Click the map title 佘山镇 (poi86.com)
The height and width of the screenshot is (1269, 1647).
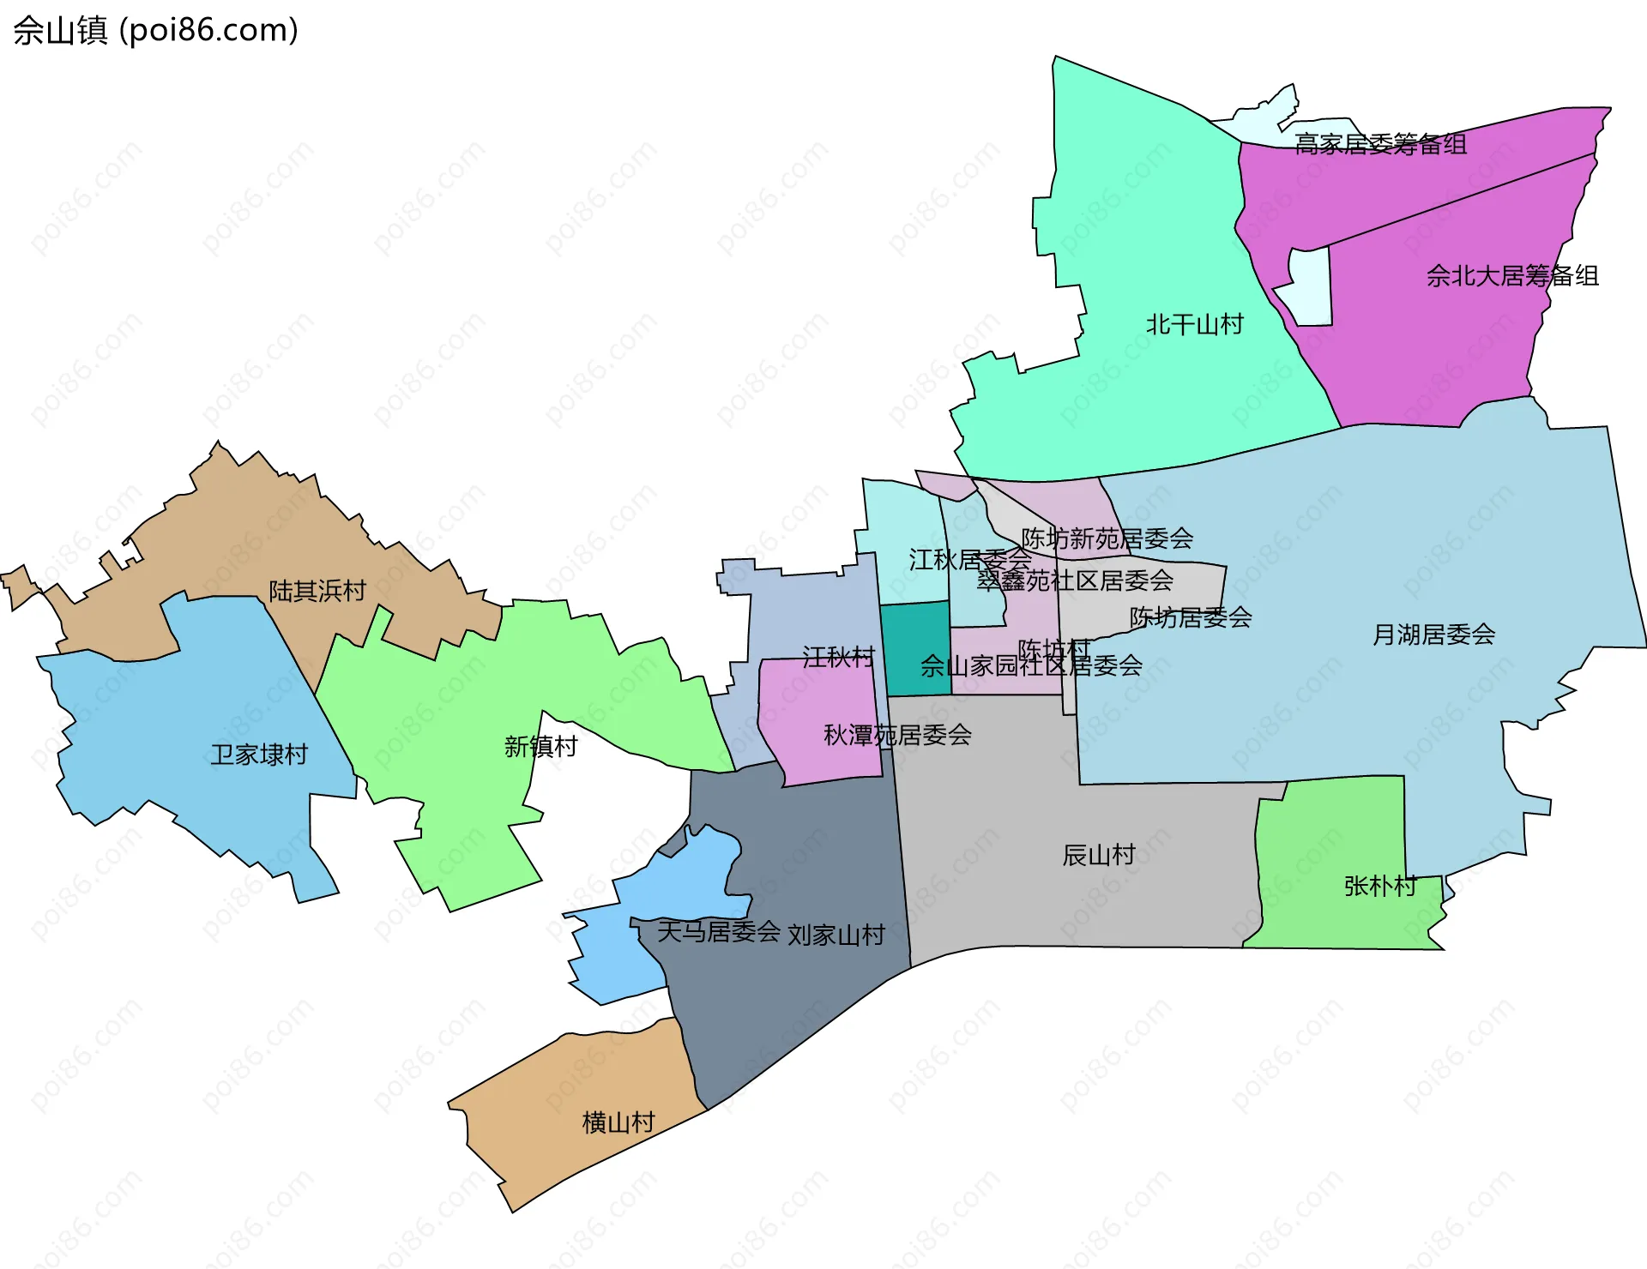[155, 30]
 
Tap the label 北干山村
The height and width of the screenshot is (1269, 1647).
[1194, 325]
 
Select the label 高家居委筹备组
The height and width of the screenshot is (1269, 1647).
[1380, 144]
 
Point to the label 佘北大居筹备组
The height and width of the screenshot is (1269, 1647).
[1512, 276]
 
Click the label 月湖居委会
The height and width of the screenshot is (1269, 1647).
[1433, 634]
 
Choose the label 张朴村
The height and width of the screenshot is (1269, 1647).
[1379, 886]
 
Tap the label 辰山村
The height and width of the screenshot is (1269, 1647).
[1098, 855]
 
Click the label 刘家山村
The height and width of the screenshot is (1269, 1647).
[836, 935]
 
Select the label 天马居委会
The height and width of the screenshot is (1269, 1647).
[718, 931]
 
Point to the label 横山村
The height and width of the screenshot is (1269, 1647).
[618, 1122]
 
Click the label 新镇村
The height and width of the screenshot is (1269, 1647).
[540, 747]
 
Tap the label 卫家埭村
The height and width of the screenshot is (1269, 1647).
[259, 755]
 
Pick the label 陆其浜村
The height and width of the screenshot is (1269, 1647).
[317, 591]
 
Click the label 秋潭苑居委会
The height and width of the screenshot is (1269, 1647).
[897, 735]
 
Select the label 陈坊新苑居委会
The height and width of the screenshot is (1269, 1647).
[1107, 538]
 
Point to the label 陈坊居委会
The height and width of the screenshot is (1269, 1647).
[1191, 617]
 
